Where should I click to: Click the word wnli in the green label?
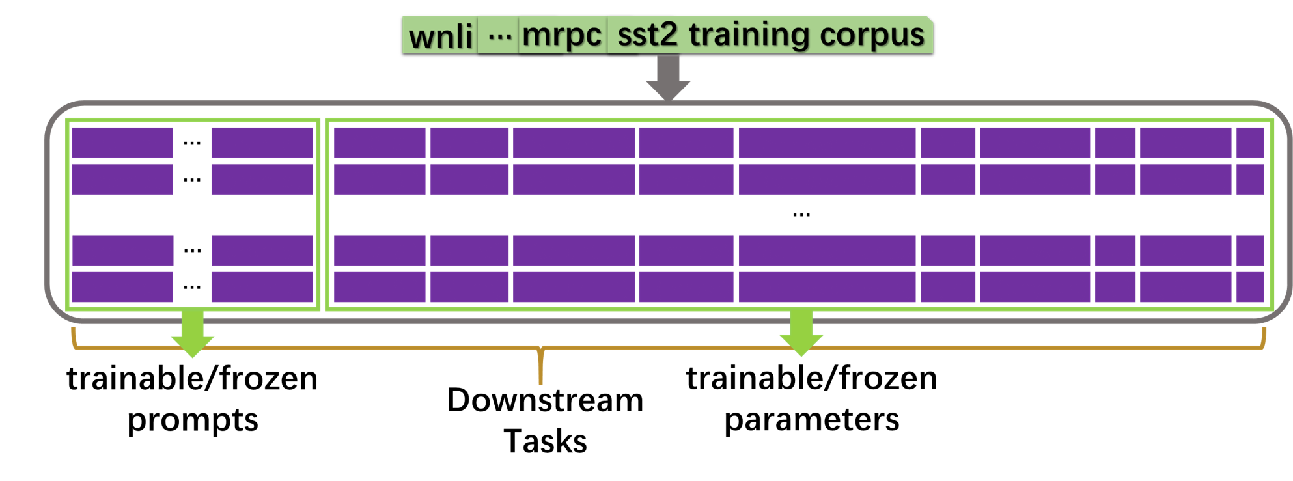pos(441,36)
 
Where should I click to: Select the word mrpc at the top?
pos(562,35)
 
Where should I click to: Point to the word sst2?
pos(647,34)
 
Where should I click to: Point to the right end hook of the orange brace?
pos(1264,337)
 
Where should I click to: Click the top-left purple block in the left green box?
pos(122,143)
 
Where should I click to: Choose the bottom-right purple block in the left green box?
pos(262,287)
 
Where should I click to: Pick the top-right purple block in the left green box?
pos(262,143)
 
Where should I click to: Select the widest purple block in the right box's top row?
pos(827,143)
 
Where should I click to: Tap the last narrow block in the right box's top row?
pos(1250,143)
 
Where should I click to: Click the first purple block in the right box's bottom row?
pos(380,287)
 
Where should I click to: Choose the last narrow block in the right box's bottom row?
pos(1250,287)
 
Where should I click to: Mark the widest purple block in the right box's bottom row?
pos(827,287)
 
